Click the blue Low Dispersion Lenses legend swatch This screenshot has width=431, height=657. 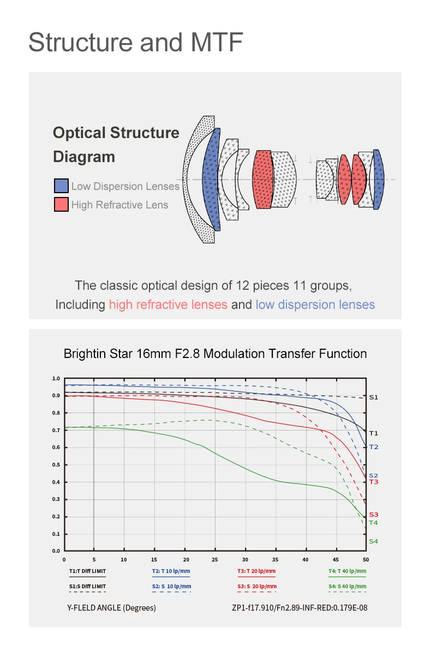pos(61,186)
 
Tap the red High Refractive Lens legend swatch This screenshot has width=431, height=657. pos(61,205)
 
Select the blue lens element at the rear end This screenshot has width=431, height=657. pos(378,179)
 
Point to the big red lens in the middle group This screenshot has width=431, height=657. pos(262,179)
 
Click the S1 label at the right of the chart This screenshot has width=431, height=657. pos(373,397)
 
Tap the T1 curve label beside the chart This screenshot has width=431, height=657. pos(373,433)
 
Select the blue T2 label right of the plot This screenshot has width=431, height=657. pos(373,447)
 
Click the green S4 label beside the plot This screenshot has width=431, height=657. pos(373,541)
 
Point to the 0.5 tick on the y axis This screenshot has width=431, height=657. pos(56,465)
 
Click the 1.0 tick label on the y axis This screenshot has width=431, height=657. pos(56,378)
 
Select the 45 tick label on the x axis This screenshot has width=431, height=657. pos(336,559)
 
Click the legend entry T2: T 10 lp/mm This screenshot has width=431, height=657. pos(171,571)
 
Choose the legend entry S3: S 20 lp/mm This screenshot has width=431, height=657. pos(256,587)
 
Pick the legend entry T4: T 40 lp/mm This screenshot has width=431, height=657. pos(347,571)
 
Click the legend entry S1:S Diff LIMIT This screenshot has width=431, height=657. pos(87,587)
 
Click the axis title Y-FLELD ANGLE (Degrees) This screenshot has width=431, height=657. pos(111,608)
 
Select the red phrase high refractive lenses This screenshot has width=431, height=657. pos(168,304)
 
